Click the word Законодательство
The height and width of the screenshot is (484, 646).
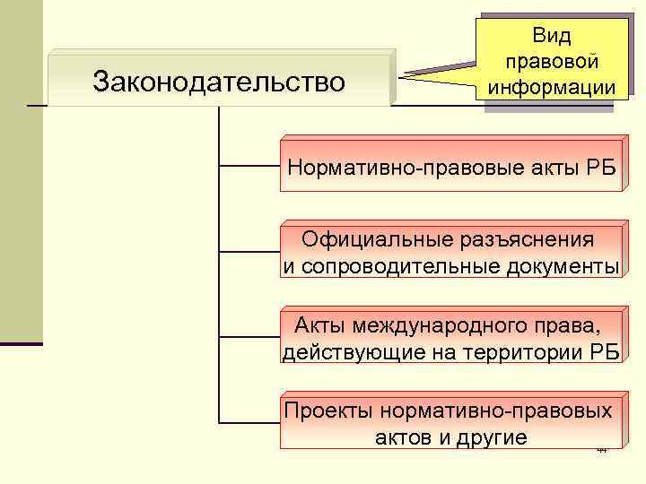219,82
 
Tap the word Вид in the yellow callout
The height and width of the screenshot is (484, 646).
551,36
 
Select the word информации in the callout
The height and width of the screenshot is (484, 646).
551,88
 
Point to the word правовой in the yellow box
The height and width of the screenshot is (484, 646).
551,62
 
